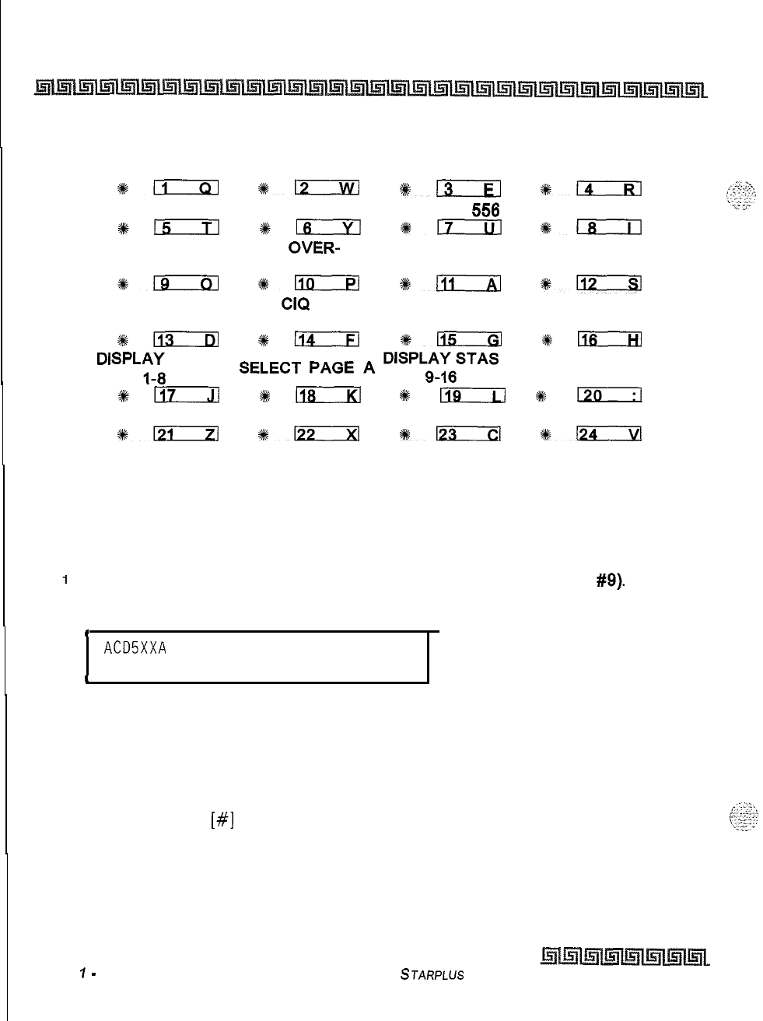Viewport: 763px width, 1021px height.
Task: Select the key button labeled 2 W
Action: (x=326, y=187)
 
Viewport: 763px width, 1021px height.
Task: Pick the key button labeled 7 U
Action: (x=468, y=227)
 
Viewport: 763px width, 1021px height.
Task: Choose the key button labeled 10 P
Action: (x=326, y=283)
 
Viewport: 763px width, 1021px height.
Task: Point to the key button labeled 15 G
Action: (x=469, y=339)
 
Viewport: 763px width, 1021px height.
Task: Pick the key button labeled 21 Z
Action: (x=186, y=434)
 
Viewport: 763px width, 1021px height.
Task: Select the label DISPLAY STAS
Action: (x=441, y=358)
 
